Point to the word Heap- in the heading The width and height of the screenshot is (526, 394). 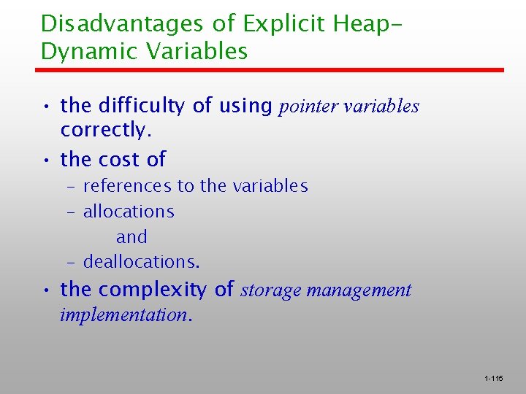point(369,23)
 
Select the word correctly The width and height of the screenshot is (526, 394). point(105,130)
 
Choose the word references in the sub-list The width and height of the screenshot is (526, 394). point(127,186)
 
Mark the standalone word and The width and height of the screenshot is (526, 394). point(131,237)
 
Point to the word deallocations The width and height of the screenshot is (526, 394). point(141,261)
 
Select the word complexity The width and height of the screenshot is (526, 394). point(153,290)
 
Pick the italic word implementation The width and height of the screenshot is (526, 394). point(124,315)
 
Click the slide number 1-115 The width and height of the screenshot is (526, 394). point(493,379)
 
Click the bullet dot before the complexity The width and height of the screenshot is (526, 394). point(46,290)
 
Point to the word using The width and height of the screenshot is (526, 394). point(245,107)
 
